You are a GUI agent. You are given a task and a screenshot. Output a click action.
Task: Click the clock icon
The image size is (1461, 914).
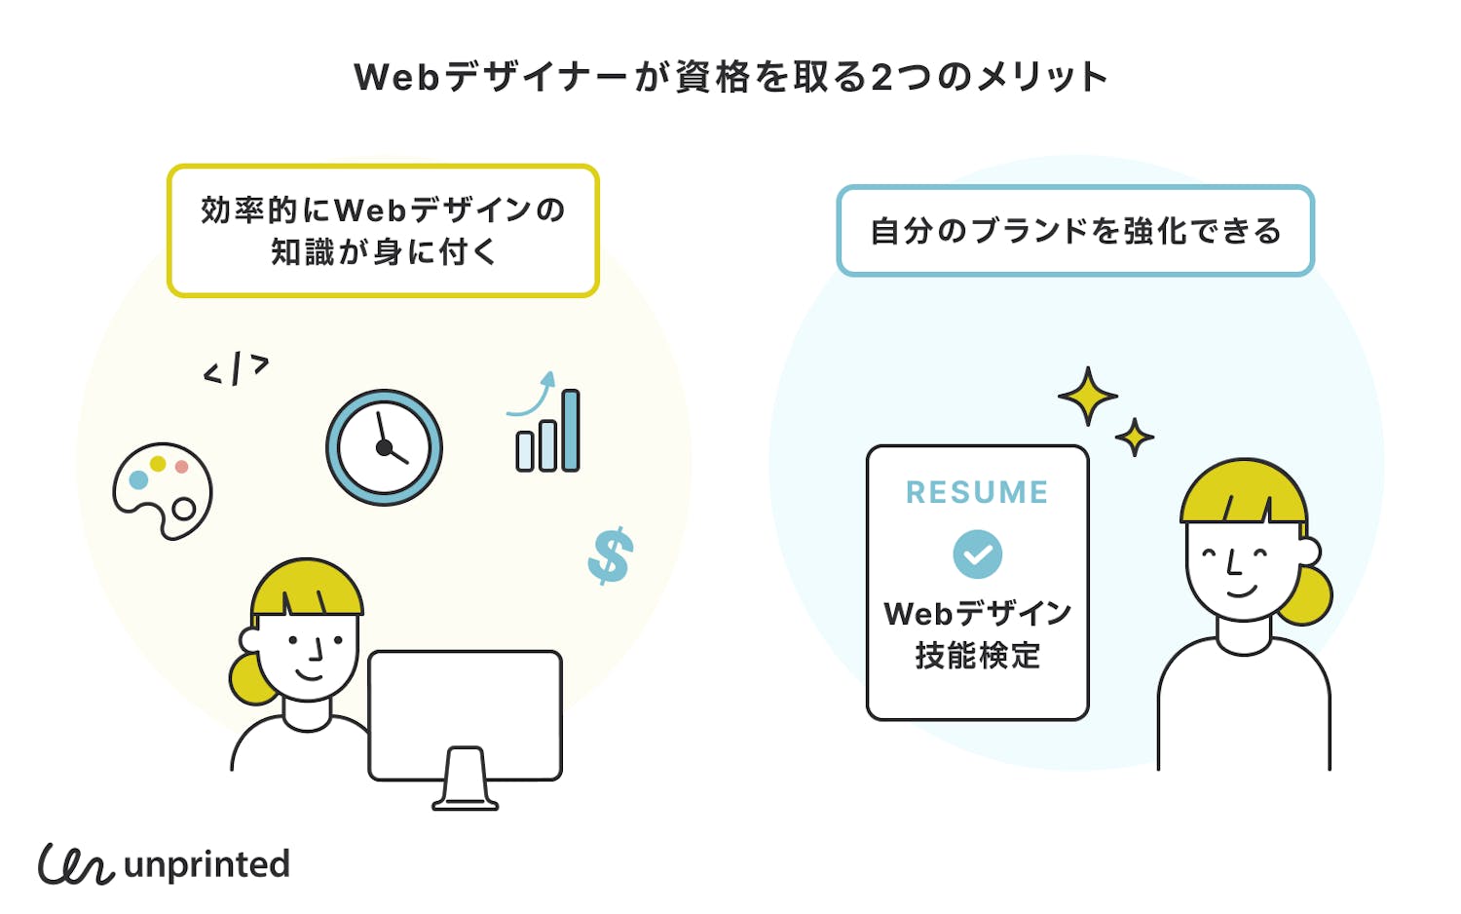pos(384,447)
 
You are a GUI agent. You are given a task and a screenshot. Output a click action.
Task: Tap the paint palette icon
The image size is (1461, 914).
pos(162,491)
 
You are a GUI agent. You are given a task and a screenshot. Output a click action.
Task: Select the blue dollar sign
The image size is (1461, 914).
pos(611,555)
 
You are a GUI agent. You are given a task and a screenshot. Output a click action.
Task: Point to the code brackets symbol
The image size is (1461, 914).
pos(236,369)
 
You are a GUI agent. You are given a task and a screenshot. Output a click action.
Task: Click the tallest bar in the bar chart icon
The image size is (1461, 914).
pos(571,431)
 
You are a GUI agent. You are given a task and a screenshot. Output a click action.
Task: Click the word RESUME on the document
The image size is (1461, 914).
pos(977,493)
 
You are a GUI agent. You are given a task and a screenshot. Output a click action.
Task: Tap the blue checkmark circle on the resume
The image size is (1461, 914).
pos(977,554)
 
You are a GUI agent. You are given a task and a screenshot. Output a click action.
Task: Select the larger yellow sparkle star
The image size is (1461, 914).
pos(1087,396)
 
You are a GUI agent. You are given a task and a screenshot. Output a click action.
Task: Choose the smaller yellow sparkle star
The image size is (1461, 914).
pos(1135,438)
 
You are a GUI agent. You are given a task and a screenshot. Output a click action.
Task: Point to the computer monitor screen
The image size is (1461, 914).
pos(466,713)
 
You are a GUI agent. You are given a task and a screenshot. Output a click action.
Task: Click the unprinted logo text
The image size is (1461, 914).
pos(206,865)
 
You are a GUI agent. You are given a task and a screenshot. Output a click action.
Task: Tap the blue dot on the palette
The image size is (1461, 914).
pos(138,479)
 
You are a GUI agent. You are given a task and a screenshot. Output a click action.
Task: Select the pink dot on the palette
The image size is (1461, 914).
pos(181,467)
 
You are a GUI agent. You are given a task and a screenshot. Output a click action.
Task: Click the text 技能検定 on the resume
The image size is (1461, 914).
pos(977,656)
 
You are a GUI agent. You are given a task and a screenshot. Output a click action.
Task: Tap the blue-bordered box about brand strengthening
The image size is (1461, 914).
pos(1075,231)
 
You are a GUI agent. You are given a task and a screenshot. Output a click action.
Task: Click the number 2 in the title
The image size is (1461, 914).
pos(881,77)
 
